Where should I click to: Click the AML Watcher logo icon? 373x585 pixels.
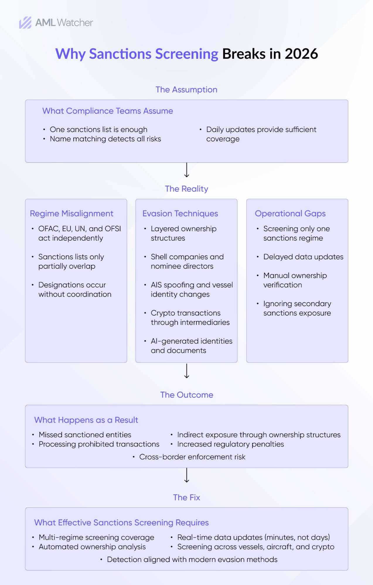25,23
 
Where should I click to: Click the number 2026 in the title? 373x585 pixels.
301,54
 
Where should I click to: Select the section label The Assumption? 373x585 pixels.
186,90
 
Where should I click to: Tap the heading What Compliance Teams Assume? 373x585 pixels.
108,111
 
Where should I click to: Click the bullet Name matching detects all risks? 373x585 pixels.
105,139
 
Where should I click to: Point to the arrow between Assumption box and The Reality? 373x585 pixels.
187,170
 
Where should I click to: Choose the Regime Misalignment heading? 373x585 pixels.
71,214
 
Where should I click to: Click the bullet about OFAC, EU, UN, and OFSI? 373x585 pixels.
79,233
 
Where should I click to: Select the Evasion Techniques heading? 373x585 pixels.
180,214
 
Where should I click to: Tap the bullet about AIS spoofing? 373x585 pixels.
192,289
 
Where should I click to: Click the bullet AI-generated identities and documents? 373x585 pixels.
191,346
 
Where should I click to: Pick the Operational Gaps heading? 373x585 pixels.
290,214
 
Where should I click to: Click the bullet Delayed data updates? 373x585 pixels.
303,257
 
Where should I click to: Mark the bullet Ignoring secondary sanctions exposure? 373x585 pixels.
297,308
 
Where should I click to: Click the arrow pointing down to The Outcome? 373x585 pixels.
187,371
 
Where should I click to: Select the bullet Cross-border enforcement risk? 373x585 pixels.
192,457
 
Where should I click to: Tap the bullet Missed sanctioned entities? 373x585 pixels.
85,435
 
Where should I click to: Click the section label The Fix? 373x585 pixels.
186,497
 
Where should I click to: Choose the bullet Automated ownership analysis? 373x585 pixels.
92,547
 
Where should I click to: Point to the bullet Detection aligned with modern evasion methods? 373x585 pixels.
192,560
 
